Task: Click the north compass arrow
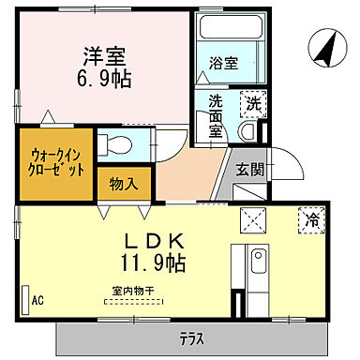click(324, 49)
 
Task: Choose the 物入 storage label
click(124, 183)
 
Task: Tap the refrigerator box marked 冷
click(310, 222)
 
